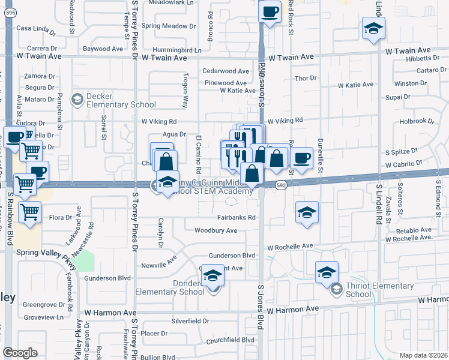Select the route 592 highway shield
click(280, 186)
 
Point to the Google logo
click(20, 353)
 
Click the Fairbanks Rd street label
click(237, 218)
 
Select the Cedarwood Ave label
click(226, 71)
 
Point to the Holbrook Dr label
click(416, 121)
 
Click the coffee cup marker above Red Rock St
click(270, 11)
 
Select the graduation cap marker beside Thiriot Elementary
click(326, 272)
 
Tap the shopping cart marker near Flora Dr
click(29, 211)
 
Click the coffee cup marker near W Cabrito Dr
click(301, 158)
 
